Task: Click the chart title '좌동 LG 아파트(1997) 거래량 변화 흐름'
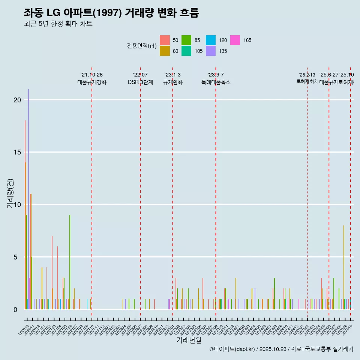pos(111,13)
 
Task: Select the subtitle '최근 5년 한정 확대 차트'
pos(58,24)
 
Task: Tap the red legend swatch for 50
pos(165,40)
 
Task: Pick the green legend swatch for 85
pos(186,40)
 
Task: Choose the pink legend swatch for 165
pos(235,40)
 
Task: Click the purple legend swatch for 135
pos(211,51)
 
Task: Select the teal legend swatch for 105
pos(186,51)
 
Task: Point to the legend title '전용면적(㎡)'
pos(141,46)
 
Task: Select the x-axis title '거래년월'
pos(189,340)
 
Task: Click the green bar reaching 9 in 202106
pos(70,262)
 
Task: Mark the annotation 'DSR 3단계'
pos(140,82)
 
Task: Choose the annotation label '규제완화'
pos(172,82)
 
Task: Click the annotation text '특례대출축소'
pos(216,82)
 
